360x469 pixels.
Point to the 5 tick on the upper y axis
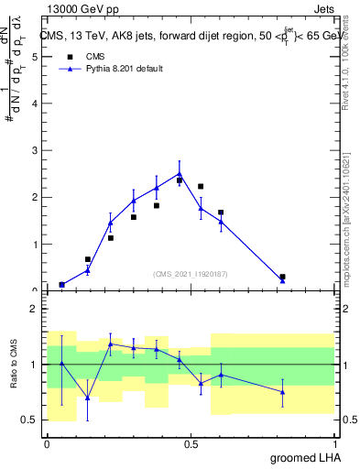coord(36,57)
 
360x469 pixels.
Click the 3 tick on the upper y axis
coord(36,150)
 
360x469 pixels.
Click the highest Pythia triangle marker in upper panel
coord(180,173)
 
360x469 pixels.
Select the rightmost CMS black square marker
coord(282,277)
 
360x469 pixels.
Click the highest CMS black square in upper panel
coord(180,180)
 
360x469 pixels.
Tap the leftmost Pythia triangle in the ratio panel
coord(61,364)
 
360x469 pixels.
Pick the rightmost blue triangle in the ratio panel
coord(282,392)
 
